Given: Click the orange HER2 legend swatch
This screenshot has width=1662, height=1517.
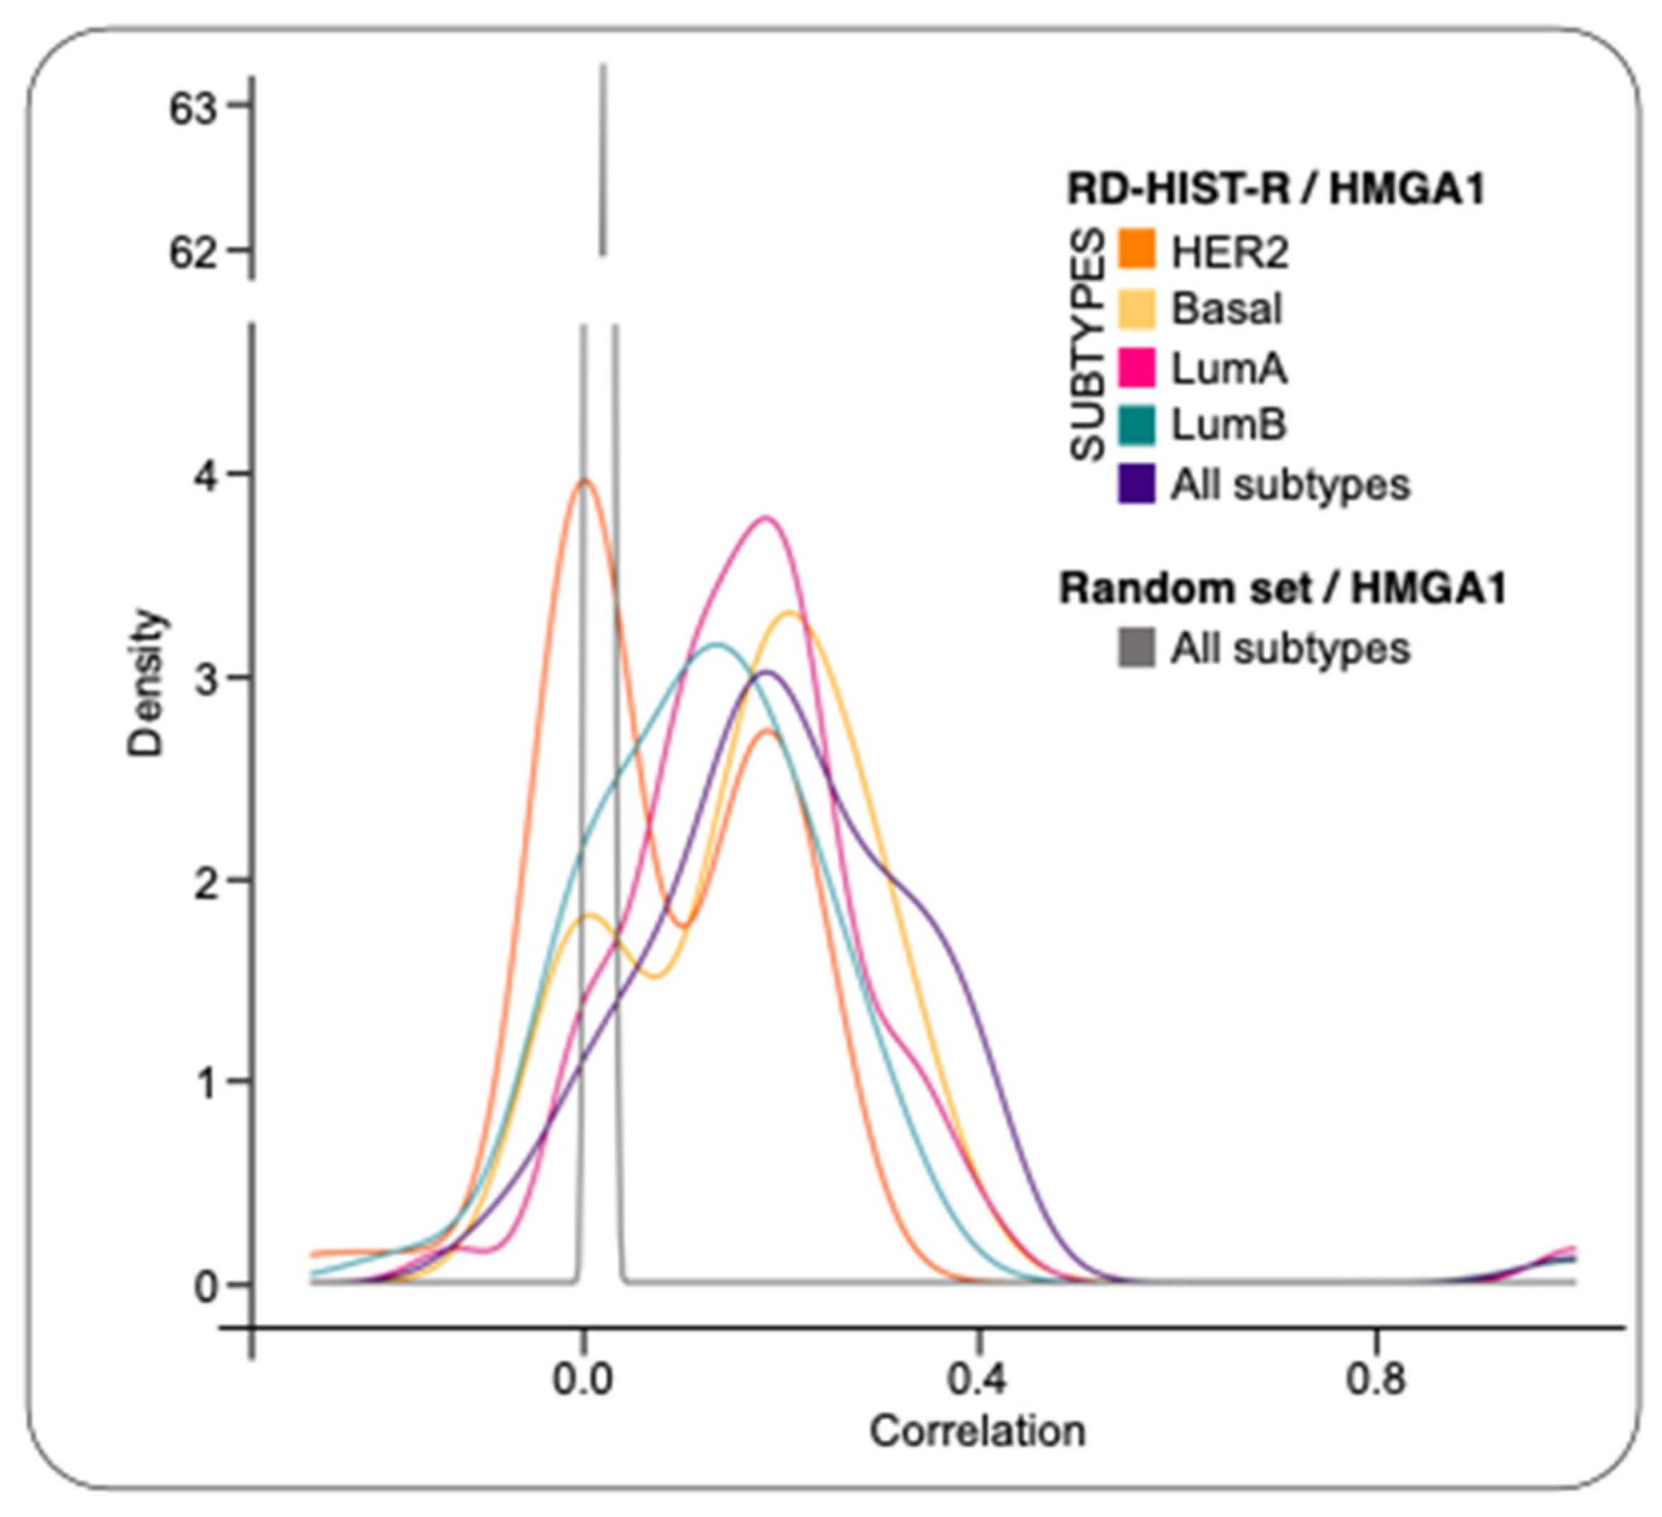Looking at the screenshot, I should tap(1136, 250).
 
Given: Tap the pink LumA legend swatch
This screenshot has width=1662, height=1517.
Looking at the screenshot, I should tap(1136, 368).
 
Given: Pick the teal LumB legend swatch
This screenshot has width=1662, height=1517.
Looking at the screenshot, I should tap(1136, 425).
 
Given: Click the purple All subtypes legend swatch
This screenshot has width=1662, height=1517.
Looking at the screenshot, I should tap(1136, 485).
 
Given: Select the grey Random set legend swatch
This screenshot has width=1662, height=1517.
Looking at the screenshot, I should tap(1136, 647).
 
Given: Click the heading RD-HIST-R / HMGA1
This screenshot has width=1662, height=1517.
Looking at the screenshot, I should tap(1276, 189).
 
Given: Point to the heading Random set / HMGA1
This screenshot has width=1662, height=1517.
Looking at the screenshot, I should tap(1282, 588).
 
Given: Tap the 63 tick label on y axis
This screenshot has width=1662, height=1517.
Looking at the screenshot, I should tap(191, 109).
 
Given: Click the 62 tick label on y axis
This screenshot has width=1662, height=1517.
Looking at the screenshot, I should tap(191, 252).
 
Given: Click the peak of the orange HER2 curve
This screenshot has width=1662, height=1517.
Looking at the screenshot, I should tap(586, 480).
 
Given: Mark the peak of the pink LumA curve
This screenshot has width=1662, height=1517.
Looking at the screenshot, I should tap(766, 518).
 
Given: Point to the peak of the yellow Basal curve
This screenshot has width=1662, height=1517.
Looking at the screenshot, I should tap(791, 611).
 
